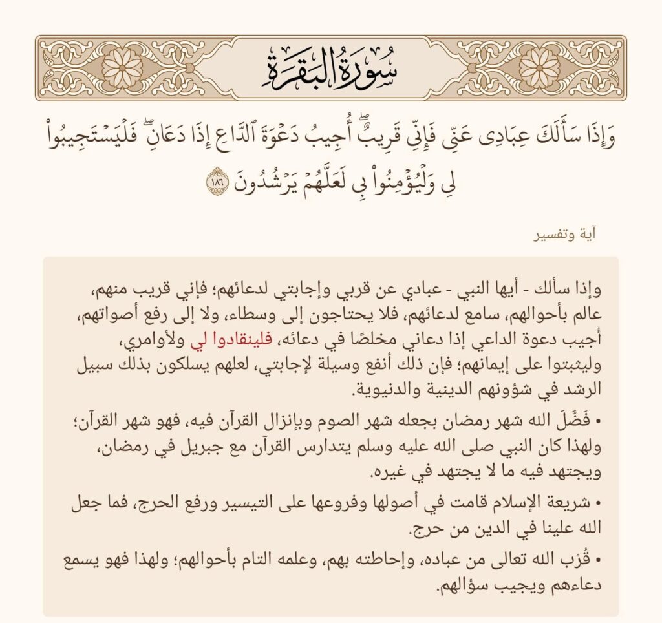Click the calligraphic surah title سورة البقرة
330,68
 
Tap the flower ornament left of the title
122,68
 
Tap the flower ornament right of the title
539,68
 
